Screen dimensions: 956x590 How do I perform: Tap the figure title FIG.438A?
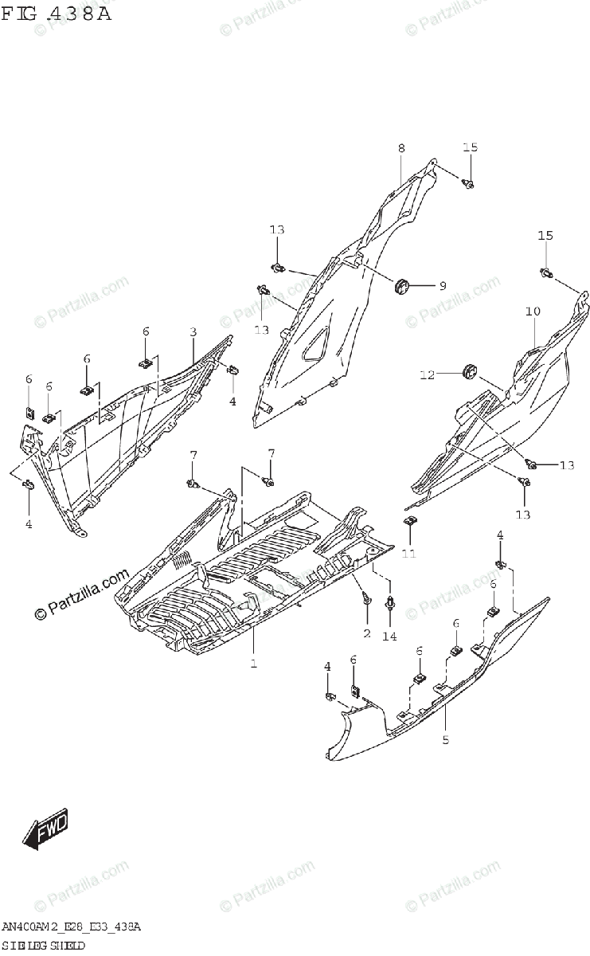click(57, 14)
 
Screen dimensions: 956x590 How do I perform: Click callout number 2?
click(367, 633)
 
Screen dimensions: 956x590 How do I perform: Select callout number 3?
click(193, 331)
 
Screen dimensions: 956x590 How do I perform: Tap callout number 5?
click(445, 740)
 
